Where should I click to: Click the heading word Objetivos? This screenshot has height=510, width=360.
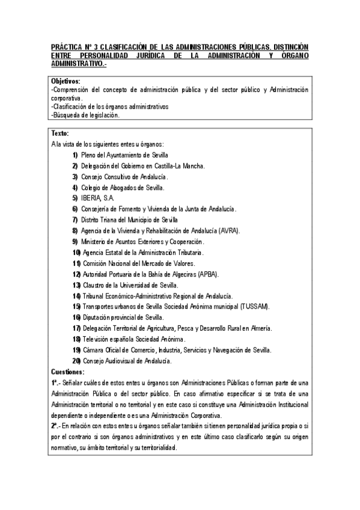[66, 81]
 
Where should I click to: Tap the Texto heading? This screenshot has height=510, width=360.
[60, 134]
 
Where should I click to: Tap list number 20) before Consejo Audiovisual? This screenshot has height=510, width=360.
[76, 361]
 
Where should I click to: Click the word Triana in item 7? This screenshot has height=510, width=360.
[115, 220]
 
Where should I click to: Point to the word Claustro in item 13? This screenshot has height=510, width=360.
[95, 284]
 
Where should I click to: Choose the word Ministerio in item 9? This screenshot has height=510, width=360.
[97, 241]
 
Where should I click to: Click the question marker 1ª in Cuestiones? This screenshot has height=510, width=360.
[55, 382]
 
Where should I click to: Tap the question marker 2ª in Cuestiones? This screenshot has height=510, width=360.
[55, 426]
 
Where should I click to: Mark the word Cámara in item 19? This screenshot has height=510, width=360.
[94, 350]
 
